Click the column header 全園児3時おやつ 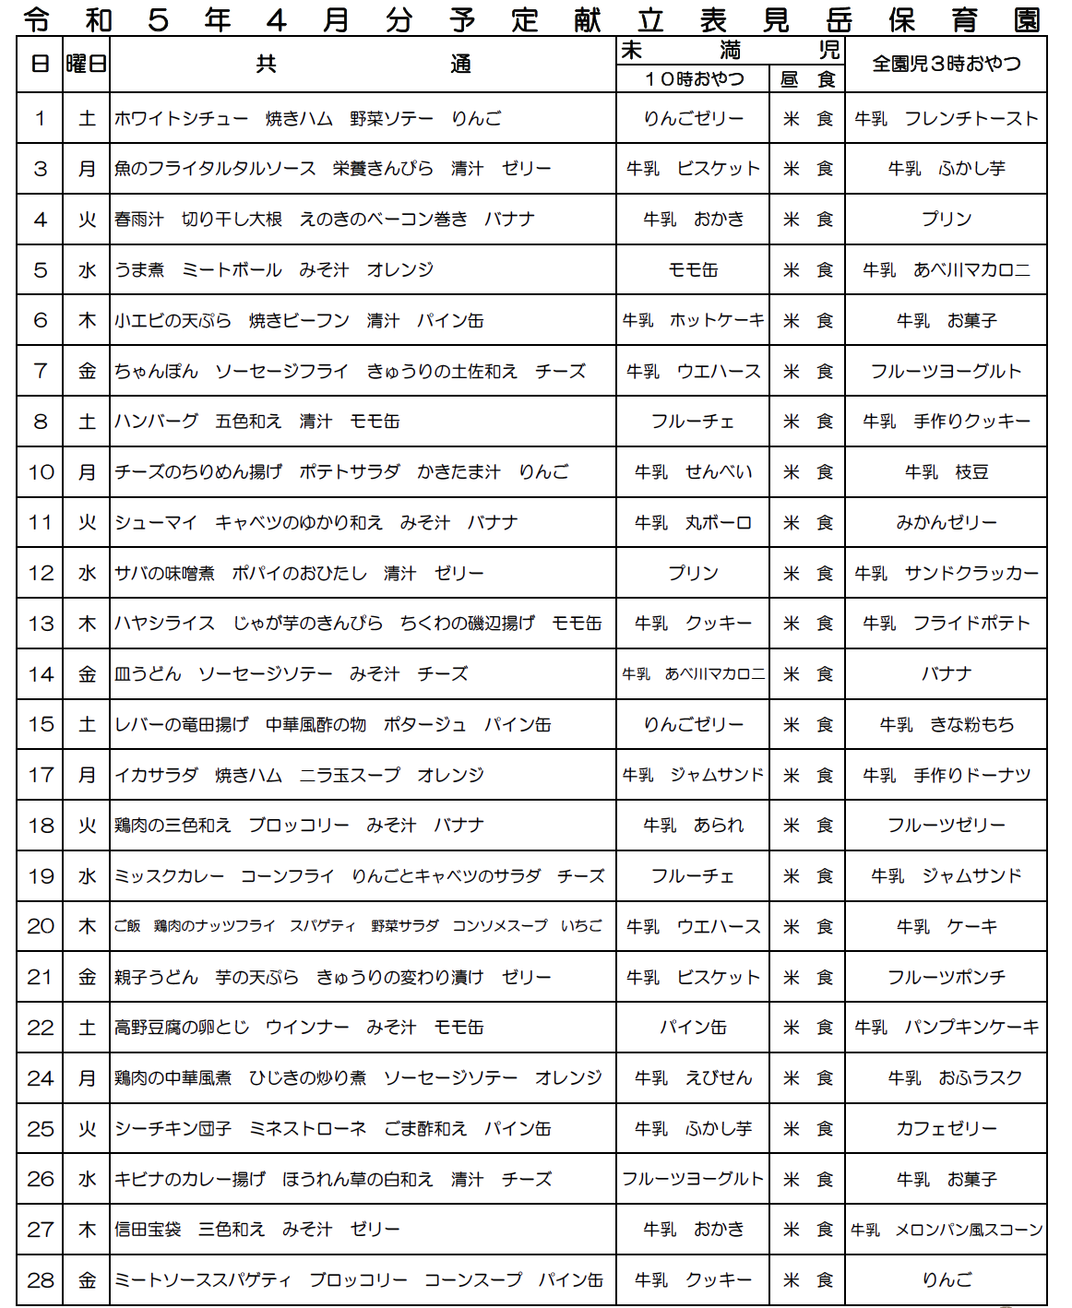pos(947,64)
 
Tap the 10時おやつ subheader pos(693,79)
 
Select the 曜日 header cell pos(86,64)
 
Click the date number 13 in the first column pos(41,624)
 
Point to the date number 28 pos(41,1280)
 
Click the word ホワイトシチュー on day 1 pos(182,119)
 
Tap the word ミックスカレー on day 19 pos(169,876)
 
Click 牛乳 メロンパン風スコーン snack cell pos(947,1230)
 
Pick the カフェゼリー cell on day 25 pos(947,1129)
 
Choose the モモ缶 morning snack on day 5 pos(693,270)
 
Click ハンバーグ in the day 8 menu pos(157,422)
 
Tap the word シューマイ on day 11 pos(157,523)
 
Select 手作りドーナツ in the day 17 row pos(972,776)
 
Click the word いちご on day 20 pos(581,926)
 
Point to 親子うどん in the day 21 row pos(157,978)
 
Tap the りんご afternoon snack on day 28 pos(947,1280)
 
